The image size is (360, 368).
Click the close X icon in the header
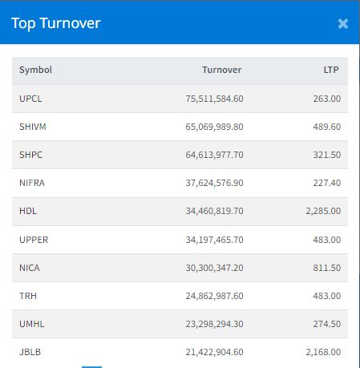click(x=343, y=24)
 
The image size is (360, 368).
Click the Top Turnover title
click(x=56, y=23)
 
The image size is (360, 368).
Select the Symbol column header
click(x=35, y=70)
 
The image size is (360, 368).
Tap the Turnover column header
click(x=221, y=70)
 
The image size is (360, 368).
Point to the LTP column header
click(x=331, y=70)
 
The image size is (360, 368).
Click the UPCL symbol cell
click(x=30, y=99)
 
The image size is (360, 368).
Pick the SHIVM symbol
click(x=33, y=127)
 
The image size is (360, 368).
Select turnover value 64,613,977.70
click(x=215, y=155)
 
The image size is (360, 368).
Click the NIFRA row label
click(x=32, y=183)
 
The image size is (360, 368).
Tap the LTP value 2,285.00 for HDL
click(x=323, y=211)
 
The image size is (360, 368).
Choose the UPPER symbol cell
click(x=34, y=240)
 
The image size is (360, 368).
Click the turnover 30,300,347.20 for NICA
click(x=215, y=268)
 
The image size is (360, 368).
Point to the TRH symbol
click(x=28, y=296)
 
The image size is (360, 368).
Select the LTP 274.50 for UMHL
click(x=327, y=324)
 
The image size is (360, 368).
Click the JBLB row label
click(x=30, y=352)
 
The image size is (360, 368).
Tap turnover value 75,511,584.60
click(x=215, y=99)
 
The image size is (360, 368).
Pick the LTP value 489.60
click(x=327, y=127)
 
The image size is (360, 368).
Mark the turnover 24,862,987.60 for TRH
click(x=215, y=296)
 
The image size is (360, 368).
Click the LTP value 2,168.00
click(x=323, y=352)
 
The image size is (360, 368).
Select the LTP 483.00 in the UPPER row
click(x=327, y=240)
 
